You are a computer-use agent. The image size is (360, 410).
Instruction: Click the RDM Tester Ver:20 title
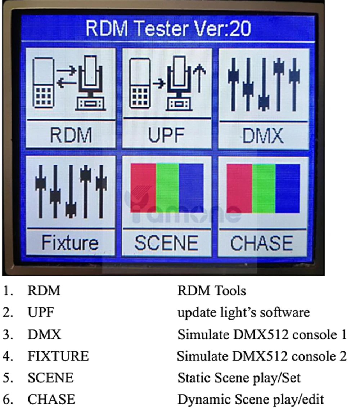tap(168, 28)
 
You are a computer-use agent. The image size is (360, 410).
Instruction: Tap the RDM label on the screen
tap(71, 135)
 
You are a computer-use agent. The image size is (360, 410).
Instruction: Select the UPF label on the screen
tap(166, 135)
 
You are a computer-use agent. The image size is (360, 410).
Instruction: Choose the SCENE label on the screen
tap(166, 243)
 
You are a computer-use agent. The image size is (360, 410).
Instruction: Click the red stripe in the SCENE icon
tap(143, 187)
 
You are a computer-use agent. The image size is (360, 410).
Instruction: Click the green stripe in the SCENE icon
tap(167, 187)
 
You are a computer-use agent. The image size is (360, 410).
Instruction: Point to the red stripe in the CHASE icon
tap(239, 188)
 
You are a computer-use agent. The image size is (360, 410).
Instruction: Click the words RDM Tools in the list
tap(212, 290)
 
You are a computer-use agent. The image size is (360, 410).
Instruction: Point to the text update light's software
tap(243, 312)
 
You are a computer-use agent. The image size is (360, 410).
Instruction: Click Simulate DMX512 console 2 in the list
tap(262, 356)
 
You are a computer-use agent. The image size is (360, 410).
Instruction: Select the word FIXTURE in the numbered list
tap(58, 356)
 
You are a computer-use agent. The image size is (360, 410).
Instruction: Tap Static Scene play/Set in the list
tap(239, 378)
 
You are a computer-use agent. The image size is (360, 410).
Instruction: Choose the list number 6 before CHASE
tap(8, 399)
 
